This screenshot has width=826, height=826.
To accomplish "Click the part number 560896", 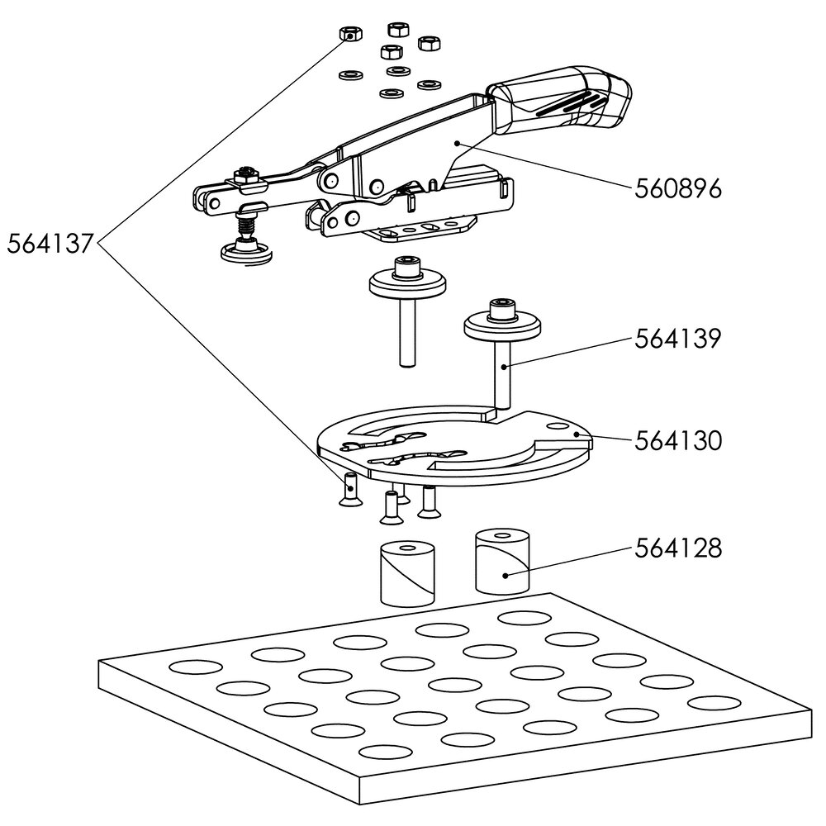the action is pyautogui.click(x=677, y=188).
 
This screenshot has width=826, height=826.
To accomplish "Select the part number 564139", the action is pyautogui.click(x=677, y=339).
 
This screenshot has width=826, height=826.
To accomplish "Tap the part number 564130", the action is pyautogui.click(x=677, y=440).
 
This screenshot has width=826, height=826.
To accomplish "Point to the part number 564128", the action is pyautogui.click(x=677, y=548).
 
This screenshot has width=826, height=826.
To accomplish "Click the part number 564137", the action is pyautogui.click(x=50, y=244).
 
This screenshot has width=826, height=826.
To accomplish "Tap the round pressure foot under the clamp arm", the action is pyautogui.click(x=247, y=252).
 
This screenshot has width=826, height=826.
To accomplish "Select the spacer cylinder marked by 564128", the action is pyautogui.click(x=502, y=562).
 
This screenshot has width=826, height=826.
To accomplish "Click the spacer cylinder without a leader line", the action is pyautogui.click(x=407, y=574).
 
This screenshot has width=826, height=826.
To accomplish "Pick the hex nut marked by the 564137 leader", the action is pyautogui.click(x=349, y=34).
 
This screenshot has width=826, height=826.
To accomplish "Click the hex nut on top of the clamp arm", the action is pyautogui.click(x=247, y=174).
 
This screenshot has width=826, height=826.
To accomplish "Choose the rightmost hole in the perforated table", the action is pyautogui.click(x=714, y=703).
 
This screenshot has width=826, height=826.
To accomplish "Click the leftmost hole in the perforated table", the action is pyautogui.click(x=196, y=667).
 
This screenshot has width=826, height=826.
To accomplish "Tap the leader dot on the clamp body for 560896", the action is pyautogui.click(x=458, y=143).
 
